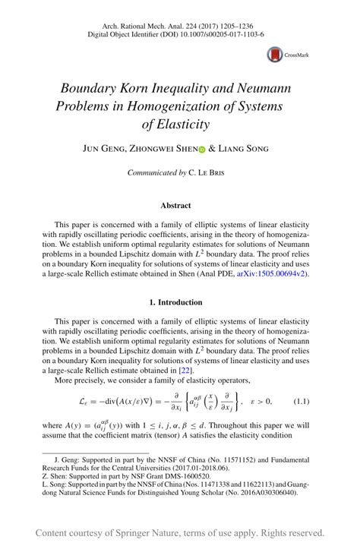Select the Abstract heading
point(175,205)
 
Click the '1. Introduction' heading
point(175,302)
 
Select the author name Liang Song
point(243,150)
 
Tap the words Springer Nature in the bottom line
point(151,532)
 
